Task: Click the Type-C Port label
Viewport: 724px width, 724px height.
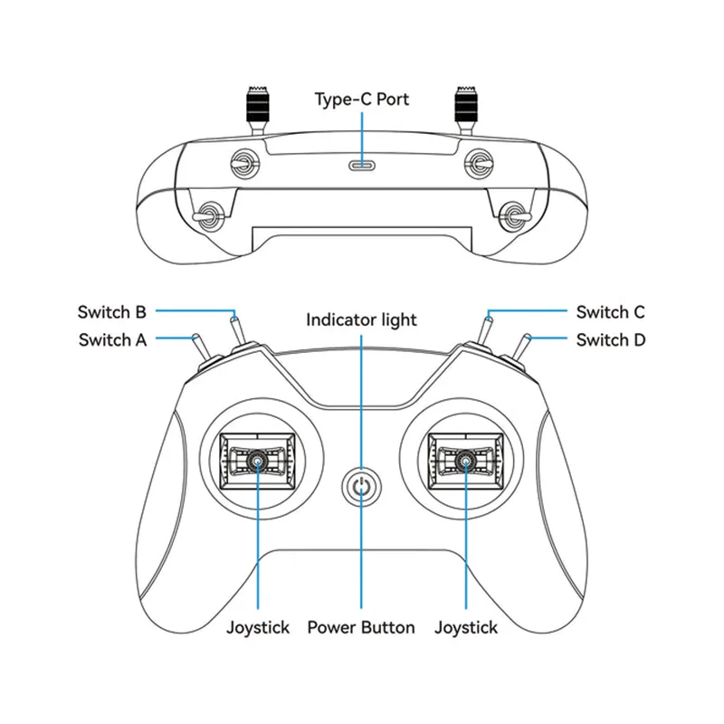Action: (x=361, y=99)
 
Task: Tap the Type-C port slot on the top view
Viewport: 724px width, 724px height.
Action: (x=362, y=166)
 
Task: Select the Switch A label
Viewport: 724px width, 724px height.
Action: (x=112, y=340)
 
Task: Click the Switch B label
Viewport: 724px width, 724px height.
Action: (x=112, y=312)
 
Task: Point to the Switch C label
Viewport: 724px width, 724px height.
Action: (x=610, y=312)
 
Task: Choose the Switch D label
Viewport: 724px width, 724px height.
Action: (x=611, y=340)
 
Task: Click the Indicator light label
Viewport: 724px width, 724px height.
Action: (x=361, y=319)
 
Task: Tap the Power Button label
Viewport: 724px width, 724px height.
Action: (x=361, y=627)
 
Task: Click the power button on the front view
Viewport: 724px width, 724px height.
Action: (x=361, y=486)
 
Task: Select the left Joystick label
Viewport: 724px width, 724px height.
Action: (x=258, y=627)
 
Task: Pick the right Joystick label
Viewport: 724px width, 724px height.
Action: (x=466, y=627)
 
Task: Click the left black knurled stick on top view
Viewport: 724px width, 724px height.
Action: (x=255, y=105)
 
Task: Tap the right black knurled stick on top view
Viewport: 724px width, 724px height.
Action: (x=467, y=105)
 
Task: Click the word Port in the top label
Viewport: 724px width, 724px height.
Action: (x=390, y=99)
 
